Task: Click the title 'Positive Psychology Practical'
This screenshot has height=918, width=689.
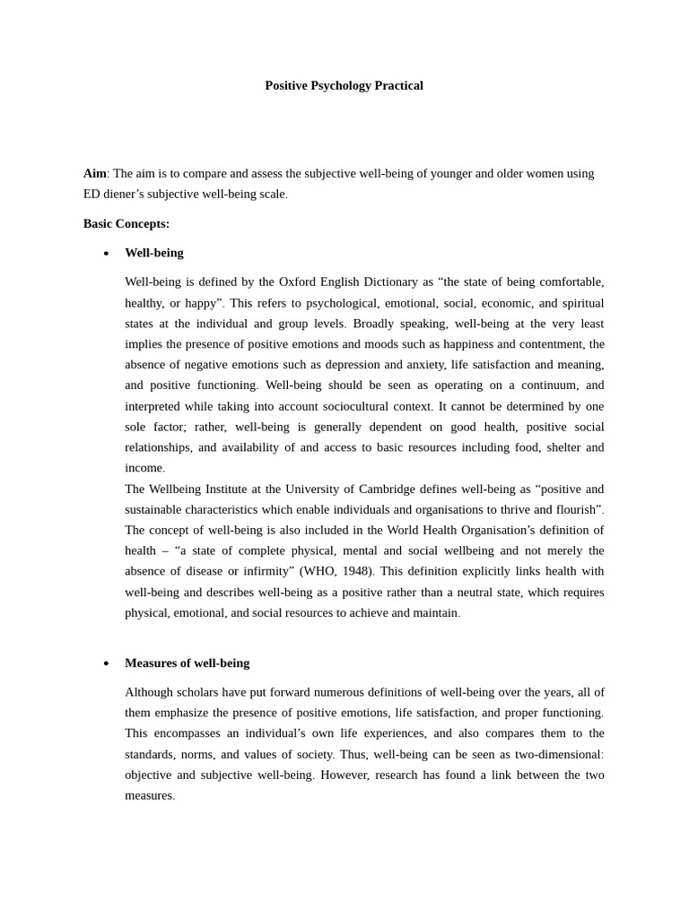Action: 344,86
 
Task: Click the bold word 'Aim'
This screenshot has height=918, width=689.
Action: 94,173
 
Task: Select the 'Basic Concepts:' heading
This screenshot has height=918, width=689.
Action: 126,223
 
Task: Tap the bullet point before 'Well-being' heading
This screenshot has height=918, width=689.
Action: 106,254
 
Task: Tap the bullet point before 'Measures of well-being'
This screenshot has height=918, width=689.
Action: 106,664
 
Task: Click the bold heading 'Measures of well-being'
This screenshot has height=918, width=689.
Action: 187,663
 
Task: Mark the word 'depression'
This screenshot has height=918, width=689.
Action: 349,364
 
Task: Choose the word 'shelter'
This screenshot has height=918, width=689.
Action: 556,447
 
